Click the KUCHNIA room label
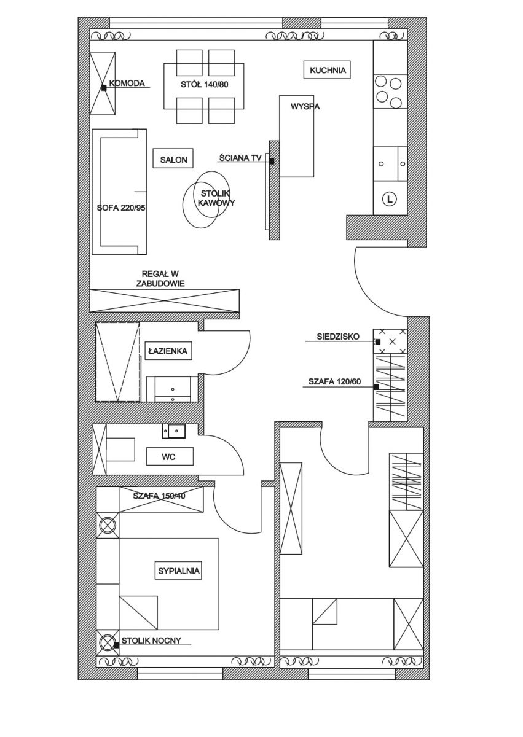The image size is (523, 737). (x=327, y=70)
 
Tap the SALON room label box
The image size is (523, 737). (x=173, y=159)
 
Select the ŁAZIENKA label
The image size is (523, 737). (x=168, y=351)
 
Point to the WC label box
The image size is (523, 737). (x=170, y=456)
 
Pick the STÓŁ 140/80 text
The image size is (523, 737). (x=205, y=85)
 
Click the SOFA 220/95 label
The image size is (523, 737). (x=121, y=208)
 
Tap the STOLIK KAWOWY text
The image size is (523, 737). (x=216, y=198)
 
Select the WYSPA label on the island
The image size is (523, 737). (x=305, y=107)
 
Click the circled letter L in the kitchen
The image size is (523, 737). (x=390, y=199)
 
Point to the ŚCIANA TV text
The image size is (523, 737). (x=240, y=158)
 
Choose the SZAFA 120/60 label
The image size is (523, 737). (x=334, y=381)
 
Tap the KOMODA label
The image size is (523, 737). (x=127, y=83)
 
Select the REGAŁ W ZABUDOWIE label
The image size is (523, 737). (x=160, y=278)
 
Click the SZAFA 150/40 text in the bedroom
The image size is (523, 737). (x=159, y=496)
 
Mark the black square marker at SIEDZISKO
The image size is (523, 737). (x=378, y=342)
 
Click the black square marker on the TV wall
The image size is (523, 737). (x=272, y=162)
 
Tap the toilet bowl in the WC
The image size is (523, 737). (x=120, y=449)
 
